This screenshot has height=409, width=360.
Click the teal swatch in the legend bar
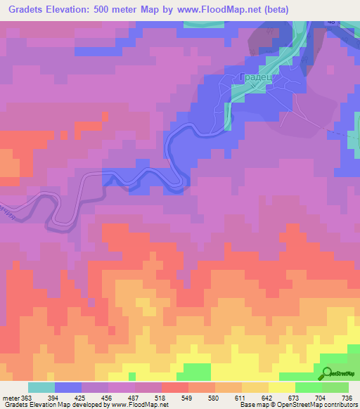41,387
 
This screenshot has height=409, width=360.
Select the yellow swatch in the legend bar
281,387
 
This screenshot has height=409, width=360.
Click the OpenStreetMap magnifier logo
326,374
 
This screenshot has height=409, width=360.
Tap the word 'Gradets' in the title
25,9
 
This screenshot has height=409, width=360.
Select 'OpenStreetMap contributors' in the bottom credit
319,405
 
